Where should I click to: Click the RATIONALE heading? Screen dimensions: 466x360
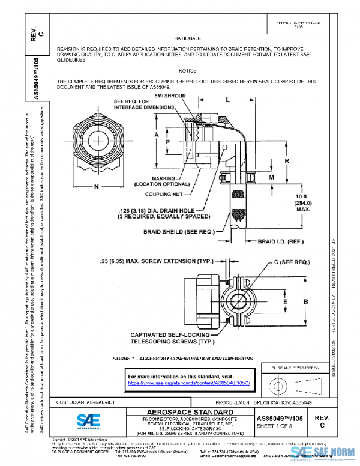coord(187,37)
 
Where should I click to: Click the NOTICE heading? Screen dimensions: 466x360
coord(188,70)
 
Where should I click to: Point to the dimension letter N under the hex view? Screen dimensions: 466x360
coord(96,187)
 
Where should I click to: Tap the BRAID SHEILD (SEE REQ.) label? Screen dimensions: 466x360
coord(181,231)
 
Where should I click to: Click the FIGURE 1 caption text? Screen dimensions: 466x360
coord(181,357)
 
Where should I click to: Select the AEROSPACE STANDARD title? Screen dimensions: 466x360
coord(191,411)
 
